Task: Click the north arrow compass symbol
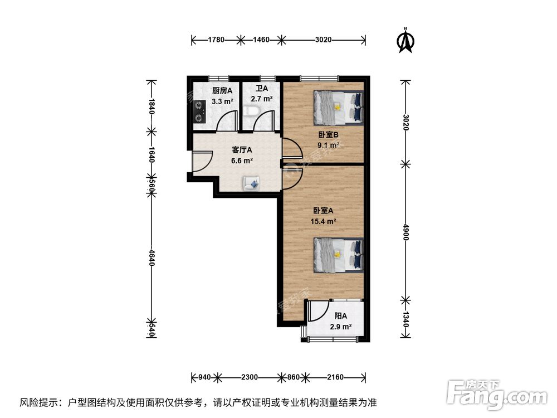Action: tap(407, 40)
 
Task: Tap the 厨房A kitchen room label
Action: tap(222, 90)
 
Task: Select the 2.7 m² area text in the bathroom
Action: tap(261, 99)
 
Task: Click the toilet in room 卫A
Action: tap(251, 115)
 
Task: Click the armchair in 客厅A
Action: tap(251, 182)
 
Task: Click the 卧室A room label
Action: tap(323, 211)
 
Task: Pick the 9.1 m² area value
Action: tap(328, 145)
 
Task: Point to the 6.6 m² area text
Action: tap(242, 161)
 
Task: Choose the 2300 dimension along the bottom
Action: tap(249, 377)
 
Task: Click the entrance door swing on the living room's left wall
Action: tap(198, 162)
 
